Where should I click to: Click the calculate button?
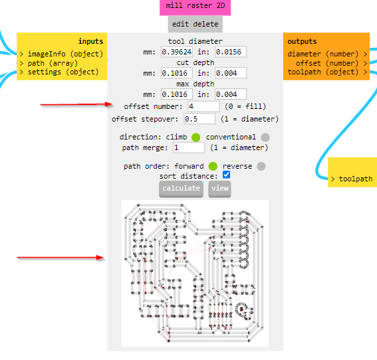click(x=181, y=189)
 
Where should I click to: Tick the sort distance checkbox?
click(x=226, y=175)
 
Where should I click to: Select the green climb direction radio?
click(x=196, y=137)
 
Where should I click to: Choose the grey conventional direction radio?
click(x=265, y=137)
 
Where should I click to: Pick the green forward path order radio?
click(x=213, y=166)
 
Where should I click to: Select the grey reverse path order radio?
click(x=261, y=166)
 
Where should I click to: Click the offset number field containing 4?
click(x=203, y=106)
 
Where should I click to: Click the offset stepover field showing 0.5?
click(x=199, y=119)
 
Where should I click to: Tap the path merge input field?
click(x=189, y=147)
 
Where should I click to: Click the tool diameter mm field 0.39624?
click(x=177, y=52)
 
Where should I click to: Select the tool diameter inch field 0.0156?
click(x=231, y=52)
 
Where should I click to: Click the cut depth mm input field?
click(x=177, y=73)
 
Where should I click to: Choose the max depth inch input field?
click(x=231, y=94)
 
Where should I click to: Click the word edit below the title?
click(x=180, y=24)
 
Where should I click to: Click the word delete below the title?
click(x=206, y=24)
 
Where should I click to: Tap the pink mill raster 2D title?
click(x=195, y=6)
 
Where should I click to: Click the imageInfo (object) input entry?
click(x=63, y=54)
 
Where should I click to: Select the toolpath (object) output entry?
click(x=327, y=72)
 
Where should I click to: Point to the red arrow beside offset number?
click(x=76, y=104)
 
